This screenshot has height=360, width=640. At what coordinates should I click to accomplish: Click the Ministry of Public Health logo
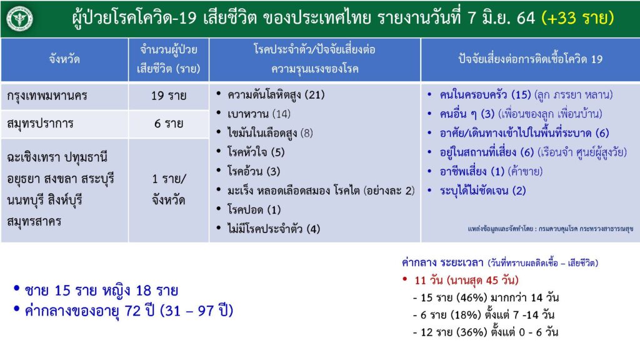pyautogui.click(x=19, y=18)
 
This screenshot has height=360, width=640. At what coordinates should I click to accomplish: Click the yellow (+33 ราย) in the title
pyautogui.click(x=577, y=18)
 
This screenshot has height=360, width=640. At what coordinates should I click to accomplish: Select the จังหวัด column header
pyautogui.click(x=64, y=59)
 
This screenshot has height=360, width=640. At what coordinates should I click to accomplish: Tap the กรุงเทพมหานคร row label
pyautogui.click(x=47, y=96)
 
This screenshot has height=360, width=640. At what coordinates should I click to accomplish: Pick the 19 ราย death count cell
pyautogui.click(x=169, y=96)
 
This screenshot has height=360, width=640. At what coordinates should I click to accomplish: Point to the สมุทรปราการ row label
pyautogui.click(x=40, y=123)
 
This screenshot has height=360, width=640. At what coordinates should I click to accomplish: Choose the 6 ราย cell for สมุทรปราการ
pyautogui.click(x=169, y=123)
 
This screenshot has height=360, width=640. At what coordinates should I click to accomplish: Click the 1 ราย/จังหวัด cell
pyautogui.click(x=169, y=190)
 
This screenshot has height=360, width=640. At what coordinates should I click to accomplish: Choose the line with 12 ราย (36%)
pyautogui.click(x=485, y=332)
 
